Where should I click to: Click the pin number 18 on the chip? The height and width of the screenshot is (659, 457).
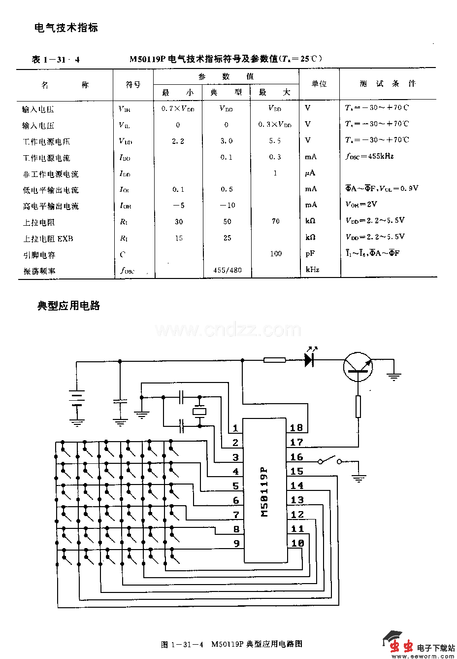click(296, 428)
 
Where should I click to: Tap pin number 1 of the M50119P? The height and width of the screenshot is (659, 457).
click(235, 428)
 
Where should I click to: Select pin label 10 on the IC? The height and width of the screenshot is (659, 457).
click(297, 543)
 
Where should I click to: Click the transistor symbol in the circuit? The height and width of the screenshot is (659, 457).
click(358, 367)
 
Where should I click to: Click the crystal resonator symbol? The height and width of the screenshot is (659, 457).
click(199, 411)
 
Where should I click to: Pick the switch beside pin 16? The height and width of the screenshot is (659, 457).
click(329, 460)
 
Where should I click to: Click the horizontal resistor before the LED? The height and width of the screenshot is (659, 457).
click(274, 360)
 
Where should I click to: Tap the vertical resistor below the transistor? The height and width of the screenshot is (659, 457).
click(358, 406)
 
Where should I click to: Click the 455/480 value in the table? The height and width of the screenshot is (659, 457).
click(228, 270)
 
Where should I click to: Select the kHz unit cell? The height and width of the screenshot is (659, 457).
click(313, 270)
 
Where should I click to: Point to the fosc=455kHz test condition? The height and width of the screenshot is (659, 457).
click(370, 156)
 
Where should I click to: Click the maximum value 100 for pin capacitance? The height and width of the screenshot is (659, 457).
click(276, 253)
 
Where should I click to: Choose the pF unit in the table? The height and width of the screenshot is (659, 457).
click(310, 254)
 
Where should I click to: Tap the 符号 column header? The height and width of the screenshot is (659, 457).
click(133, 84)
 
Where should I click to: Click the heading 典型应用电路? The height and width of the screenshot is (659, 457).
click(69, 306)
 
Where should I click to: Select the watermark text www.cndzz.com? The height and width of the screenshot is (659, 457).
click(228, 330)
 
